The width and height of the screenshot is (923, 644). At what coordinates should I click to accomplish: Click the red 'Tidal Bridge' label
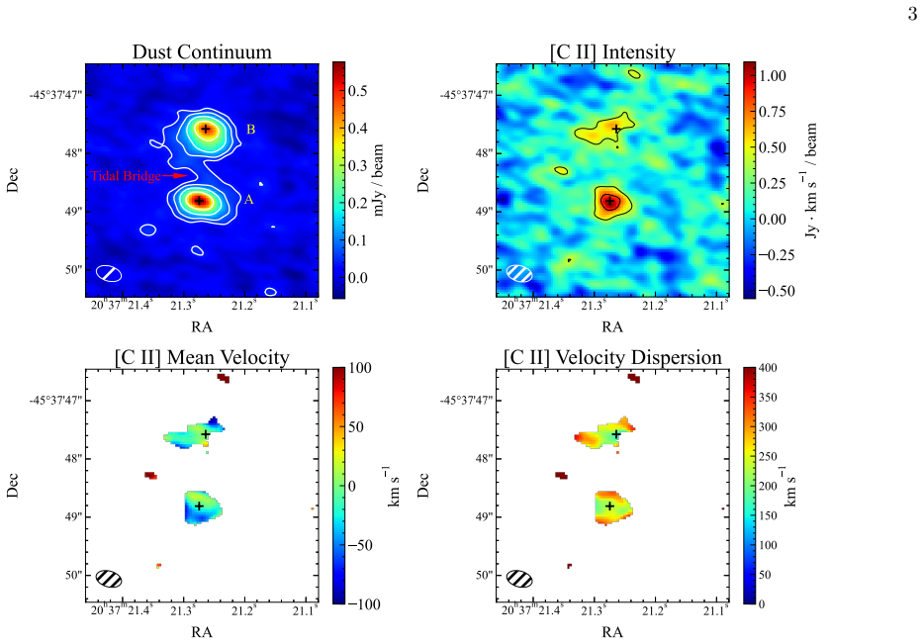[126, 176]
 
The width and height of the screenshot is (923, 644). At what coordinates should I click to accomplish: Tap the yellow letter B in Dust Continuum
[250, 130]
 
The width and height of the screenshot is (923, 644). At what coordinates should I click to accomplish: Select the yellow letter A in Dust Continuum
[249, 200]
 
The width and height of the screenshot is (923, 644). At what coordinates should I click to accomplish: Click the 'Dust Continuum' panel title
[202, 51]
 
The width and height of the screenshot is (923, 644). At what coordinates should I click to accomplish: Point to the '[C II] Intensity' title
[612, 51]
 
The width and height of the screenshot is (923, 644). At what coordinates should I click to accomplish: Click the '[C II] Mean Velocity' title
[202, 357]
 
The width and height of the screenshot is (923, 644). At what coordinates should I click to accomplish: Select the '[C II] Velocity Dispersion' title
[612, 357]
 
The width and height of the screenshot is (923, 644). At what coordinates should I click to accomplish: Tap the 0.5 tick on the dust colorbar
[357, 91]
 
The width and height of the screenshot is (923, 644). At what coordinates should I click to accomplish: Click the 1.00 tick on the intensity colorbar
[773, 76]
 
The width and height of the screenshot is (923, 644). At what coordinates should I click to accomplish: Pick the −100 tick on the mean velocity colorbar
[364, 604]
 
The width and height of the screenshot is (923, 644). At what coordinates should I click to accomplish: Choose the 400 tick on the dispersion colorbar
[769, 368]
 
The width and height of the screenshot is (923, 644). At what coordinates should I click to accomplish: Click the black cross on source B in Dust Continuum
[206, 129]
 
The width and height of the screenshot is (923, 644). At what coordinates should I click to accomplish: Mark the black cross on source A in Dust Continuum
[199, 201]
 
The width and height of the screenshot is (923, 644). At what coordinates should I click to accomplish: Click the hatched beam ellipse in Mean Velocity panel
[109, 579]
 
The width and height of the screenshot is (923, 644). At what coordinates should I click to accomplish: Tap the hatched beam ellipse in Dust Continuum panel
[109, 273]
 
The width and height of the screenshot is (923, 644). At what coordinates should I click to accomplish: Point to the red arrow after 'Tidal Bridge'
[174, 175]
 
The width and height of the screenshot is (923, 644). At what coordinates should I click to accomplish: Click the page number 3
[912, 14]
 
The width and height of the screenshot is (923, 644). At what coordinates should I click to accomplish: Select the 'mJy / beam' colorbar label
[378, 180]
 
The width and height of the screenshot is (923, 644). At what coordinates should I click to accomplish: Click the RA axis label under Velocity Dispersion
[612, 632]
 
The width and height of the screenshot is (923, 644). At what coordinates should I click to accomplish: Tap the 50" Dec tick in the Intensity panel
[485, 270]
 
